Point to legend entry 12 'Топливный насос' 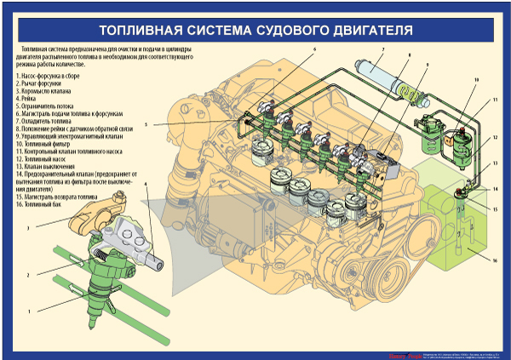(x=43, y=158)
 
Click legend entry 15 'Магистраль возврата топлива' (x=60, y=196)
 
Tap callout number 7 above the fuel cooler (x=382, y=51)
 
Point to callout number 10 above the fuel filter (x=477, y=79)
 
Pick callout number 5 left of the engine (x=146, y=125)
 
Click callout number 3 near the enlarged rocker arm (x=28, y=228)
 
